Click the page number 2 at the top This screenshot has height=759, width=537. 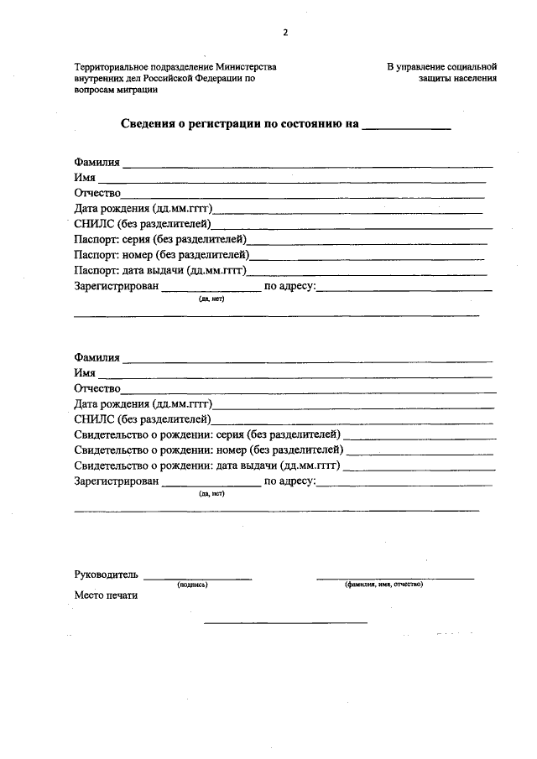[x=284, y=33]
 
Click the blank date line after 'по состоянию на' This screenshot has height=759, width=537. [x=406, y=127]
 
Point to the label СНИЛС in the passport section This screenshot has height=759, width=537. [x=94, y=224]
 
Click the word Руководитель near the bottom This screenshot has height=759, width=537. [x=105, y=576]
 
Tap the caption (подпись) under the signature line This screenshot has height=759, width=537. [x=192, y=585]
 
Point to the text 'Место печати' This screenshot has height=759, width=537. [x=106, y=596]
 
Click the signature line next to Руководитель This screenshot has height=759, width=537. [x=197, y=578]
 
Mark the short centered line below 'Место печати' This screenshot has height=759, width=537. [x=285, y=622]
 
